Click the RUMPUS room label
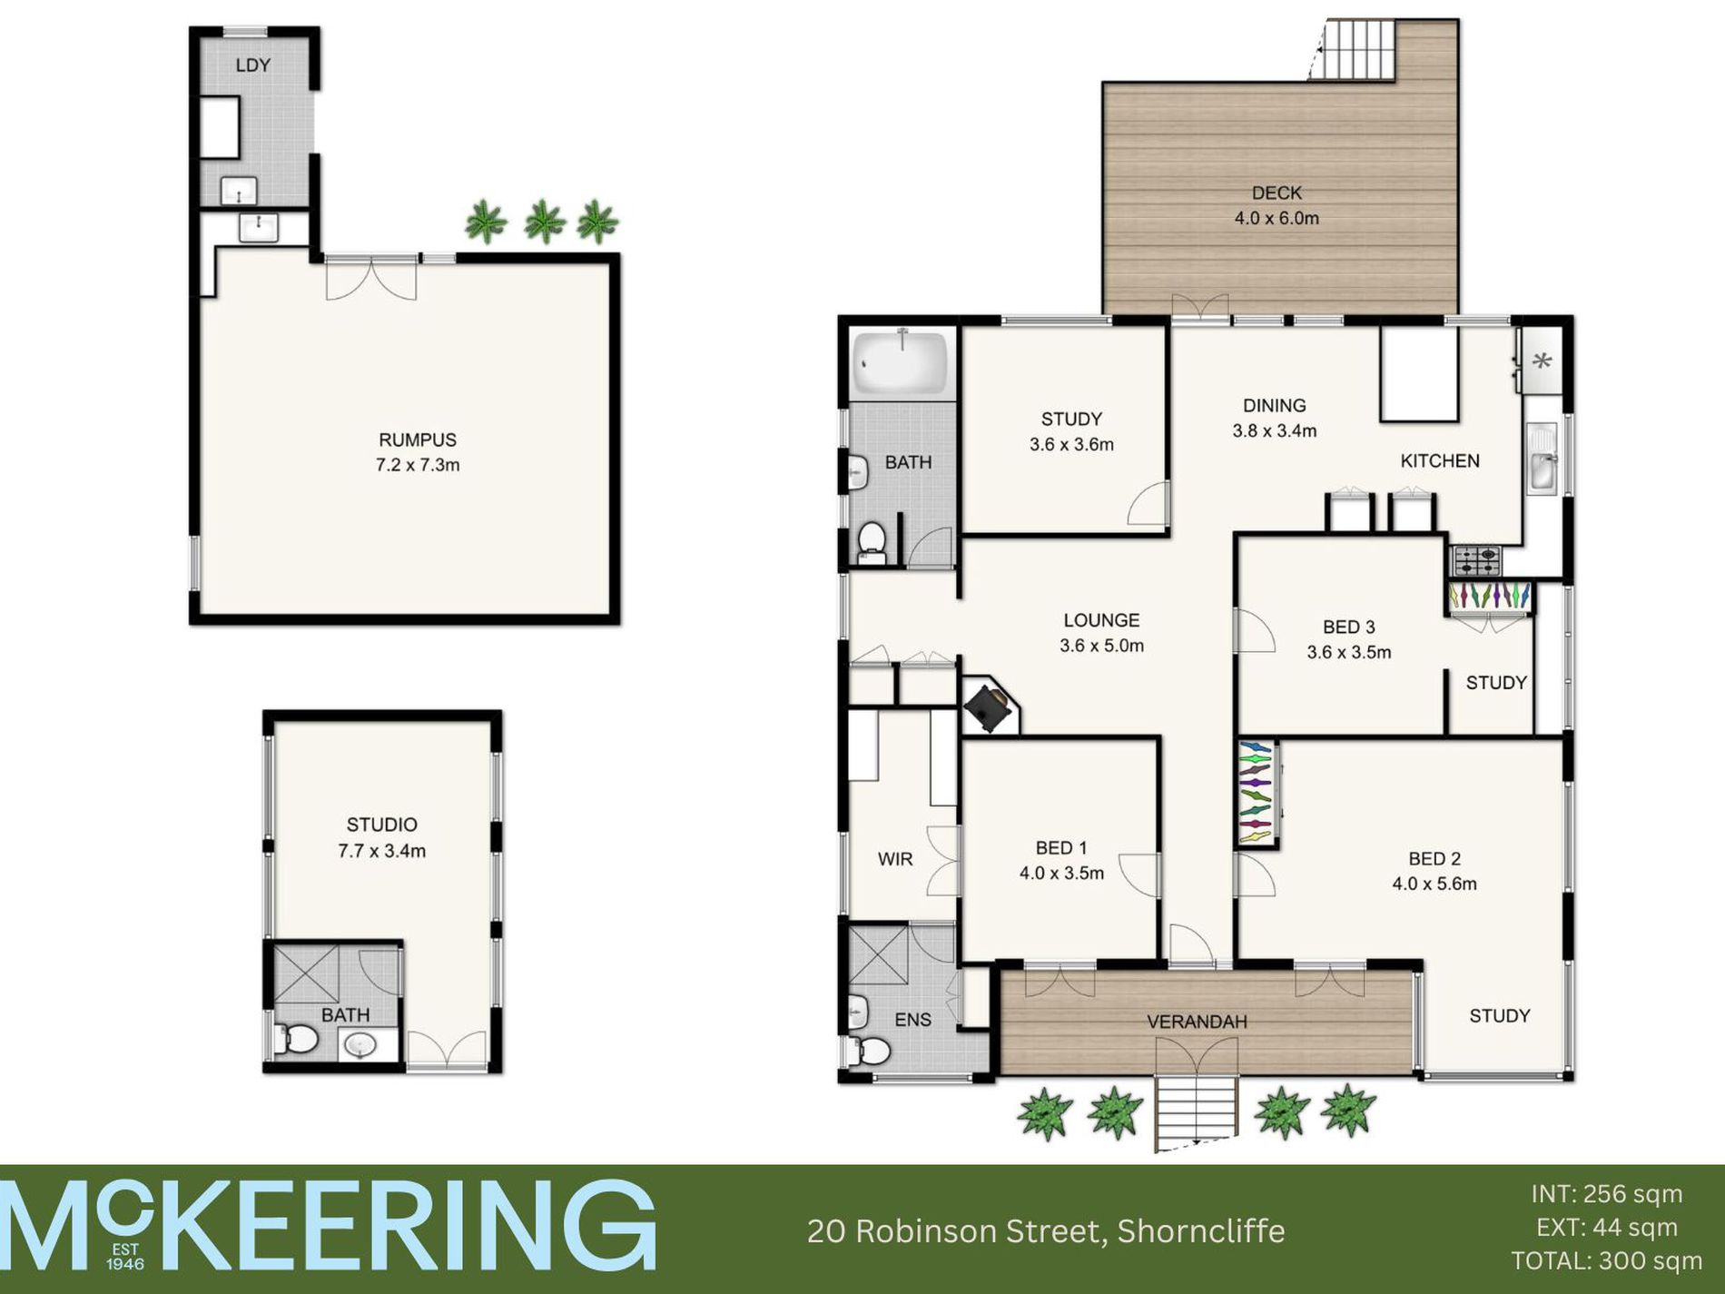[x=418, y=440]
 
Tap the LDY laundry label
[x=252, y=65]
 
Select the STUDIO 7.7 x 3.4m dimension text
[x=381, y=851]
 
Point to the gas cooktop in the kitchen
[x=1476, y=560]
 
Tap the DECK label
[x=1276, y=193]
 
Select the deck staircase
[x=1357, y=50]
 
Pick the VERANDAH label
[x=1197, y=1022]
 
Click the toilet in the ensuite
[x=870, y=1052]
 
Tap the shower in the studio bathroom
[x=306, y=973]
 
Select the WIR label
[x=895, y=859]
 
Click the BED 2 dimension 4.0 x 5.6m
[x=1434, y=884]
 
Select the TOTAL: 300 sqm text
[x=1606, y=1261]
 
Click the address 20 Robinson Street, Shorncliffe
[x=1046, y=1231]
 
